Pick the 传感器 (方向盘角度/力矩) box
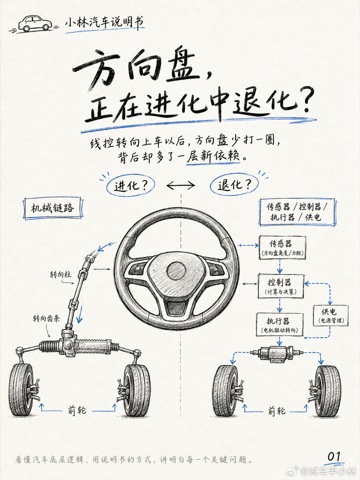[x=282, y=248]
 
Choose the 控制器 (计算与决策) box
[x=281, y=286]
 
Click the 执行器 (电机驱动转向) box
[x=280, y=325]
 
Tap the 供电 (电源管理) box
[x=331, y=316]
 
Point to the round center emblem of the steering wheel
[x=176, y=271]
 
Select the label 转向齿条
[x=46, y=318]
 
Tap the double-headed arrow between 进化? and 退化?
[x=181, y=186]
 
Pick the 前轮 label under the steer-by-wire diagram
[x=277, y=411]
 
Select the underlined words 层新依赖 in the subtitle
[x=213, y=156]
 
